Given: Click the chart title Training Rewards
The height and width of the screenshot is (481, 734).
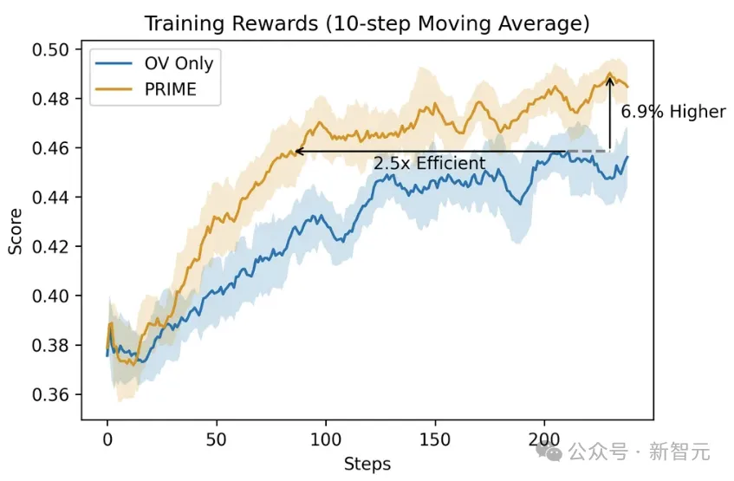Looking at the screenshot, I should (366, 23).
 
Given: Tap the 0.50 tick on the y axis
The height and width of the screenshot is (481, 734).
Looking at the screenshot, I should (51, 49).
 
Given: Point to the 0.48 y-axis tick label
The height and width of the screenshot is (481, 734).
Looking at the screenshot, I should (51, 99).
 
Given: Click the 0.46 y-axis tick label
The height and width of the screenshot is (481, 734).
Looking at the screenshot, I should (51, 148).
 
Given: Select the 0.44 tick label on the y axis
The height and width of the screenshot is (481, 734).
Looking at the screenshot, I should (51, 198).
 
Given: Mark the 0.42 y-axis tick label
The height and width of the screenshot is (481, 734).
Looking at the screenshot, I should (51, 247).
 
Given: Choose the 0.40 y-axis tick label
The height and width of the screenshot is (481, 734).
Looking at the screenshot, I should (51, 296).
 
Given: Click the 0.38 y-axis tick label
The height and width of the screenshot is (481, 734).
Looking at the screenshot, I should (51, 346).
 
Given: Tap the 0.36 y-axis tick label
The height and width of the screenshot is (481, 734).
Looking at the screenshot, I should (51, 395).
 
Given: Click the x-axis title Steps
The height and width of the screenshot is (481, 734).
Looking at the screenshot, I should (367, 464).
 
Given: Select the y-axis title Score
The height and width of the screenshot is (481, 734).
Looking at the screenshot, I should (16, 235).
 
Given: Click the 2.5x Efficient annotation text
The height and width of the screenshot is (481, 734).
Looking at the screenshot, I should (429, 164).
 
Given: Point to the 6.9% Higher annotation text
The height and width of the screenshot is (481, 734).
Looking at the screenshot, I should (673, 112).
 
